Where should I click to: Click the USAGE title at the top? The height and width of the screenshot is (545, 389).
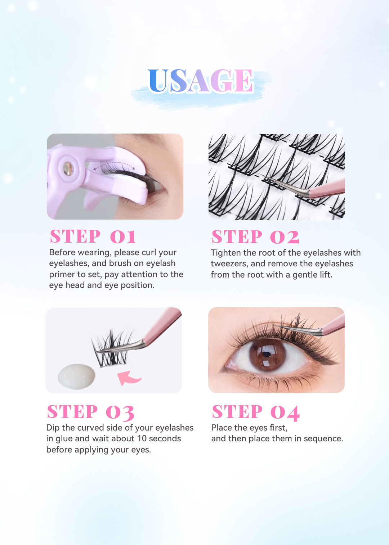201,81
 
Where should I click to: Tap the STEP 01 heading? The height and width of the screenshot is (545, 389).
93,237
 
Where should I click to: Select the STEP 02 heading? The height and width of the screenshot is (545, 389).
255,237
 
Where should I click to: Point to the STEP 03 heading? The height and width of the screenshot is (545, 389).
91,412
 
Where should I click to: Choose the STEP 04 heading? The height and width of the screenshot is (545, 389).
256,412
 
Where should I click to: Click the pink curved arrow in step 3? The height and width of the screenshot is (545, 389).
129,378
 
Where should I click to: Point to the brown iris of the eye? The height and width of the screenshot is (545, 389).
267,354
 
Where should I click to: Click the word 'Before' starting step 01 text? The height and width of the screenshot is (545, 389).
63,252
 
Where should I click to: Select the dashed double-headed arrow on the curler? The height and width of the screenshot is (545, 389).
114,165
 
